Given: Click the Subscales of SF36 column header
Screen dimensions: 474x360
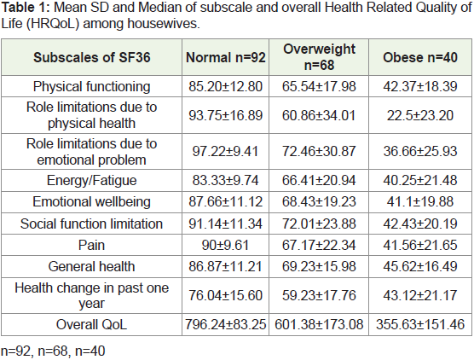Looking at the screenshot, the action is click(x=91, y=57).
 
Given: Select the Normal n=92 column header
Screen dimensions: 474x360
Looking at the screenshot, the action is click(x=226, y=57).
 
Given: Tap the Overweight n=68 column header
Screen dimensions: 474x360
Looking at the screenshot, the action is click(x=319, y=57).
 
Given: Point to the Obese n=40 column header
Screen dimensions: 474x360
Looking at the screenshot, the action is click(x=420, y=57).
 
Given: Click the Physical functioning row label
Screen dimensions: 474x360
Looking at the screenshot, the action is click(x=91, y=86).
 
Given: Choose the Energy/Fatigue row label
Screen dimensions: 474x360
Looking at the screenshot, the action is click(x=91, y=181).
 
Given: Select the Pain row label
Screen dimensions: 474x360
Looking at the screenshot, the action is click(x=91, y=245).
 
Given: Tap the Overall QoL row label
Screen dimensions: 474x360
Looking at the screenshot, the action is click(x=91, y=325).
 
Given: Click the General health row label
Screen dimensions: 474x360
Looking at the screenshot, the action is click(x=91, y=266).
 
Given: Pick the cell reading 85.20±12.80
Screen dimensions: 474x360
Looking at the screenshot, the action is click(x=226, y=86).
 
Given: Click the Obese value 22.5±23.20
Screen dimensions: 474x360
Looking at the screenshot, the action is click(x=420, y=115).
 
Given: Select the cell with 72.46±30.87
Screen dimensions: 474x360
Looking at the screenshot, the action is click(x=319, y=151).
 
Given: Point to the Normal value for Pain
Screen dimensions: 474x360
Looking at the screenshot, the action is click(x=226, y=245).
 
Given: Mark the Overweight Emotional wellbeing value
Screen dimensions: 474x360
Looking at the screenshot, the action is click(x=319, y=202).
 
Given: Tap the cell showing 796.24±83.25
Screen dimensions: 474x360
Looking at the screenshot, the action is click(x=226, y=325).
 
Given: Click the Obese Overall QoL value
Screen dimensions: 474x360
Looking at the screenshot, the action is click(x=420, y=325).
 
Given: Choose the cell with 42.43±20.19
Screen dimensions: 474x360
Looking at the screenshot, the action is click(x=420, y=224).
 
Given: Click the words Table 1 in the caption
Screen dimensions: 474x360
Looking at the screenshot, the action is click(x=26, y=8).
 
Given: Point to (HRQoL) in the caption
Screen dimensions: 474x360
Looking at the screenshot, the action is click(x=53, y=24).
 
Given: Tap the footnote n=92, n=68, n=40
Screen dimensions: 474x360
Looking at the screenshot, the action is click(x=53, y=351).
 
